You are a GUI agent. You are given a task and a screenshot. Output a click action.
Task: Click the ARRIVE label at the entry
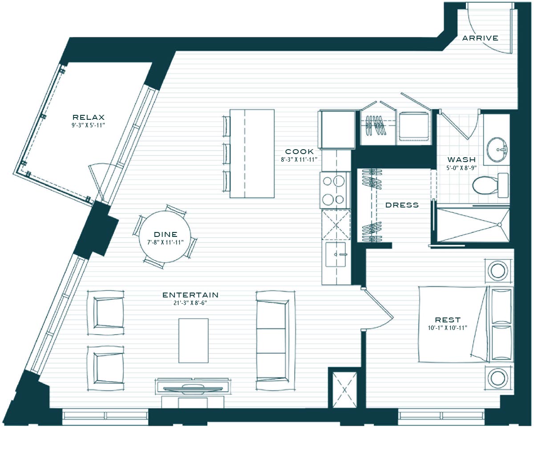[x=480, y=38]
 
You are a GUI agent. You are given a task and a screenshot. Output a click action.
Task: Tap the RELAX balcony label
[x=89, y=117]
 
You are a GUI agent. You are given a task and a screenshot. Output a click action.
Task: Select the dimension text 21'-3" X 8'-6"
[x=190, y=303]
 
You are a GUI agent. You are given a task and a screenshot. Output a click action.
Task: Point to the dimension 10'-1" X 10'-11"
[x=448, y=328]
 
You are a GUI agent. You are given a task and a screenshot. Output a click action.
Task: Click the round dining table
[x=165, y=236]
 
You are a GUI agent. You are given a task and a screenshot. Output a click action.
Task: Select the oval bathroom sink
[x=497, y=149]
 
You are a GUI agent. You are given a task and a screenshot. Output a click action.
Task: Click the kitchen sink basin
[x=336, y=254]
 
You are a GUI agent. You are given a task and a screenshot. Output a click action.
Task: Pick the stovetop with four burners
[x=335, y=190]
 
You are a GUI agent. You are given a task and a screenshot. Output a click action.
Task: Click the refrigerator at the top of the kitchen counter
[x=336, y=129]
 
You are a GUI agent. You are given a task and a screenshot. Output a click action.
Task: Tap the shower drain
[x=499, y=225]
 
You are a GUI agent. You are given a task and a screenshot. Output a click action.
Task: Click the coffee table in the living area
[x=194, y=341]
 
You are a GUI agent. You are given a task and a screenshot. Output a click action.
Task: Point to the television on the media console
[x=194, y=389]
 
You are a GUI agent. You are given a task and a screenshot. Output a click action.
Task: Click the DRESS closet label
[x=402, y=205]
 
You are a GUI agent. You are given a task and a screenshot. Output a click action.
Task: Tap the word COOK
[x=299, y=152]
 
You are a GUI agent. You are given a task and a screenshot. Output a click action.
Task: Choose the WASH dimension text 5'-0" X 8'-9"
[x=461, y=168]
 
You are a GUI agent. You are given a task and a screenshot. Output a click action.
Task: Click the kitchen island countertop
[x=252, y=154]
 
